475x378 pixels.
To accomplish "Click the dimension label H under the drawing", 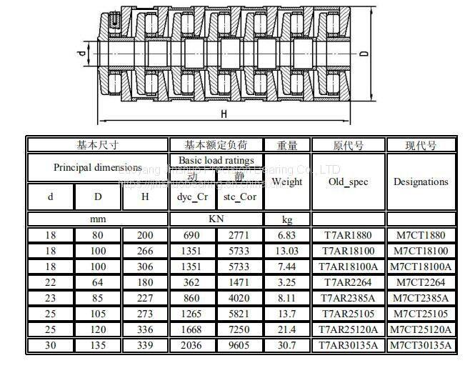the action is (x=224, y=114).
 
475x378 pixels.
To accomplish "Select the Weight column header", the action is (x=286, y=181).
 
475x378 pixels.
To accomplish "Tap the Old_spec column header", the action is (x=348, y=181).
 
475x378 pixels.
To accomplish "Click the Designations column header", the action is (x=421, y=181).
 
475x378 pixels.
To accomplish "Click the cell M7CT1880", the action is (x=421, y=235).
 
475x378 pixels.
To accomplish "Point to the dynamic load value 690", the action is (x=191, y=235).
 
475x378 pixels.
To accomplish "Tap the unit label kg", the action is (x=286, y=219).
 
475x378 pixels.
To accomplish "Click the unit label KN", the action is (x=216, y=219).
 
